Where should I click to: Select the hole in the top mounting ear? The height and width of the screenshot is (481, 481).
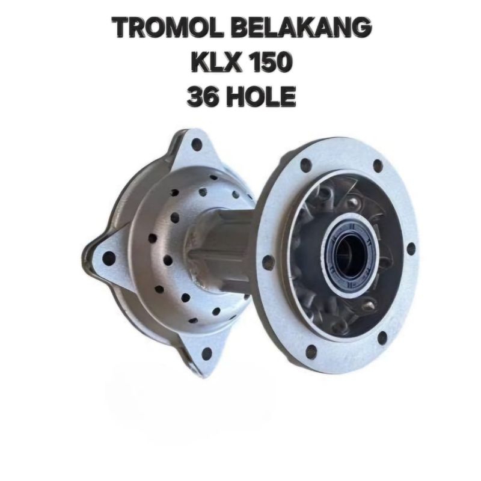click(x=196, y=144)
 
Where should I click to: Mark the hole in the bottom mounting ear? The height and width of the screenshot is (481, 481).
click(x=207, y=354)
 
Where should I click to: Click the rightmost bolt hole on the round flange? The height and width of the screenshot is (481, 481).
click(x=411, y=248)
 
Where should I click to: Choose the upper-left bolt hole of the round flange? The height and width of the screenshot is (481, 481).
click(x=305, y=164)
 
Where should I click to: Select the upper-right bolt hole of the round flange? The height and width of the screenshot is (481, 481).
click(x=378, y=165)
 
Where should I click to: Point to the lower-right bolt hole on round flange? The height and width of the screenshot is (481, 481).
click(x=382, y=338)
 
